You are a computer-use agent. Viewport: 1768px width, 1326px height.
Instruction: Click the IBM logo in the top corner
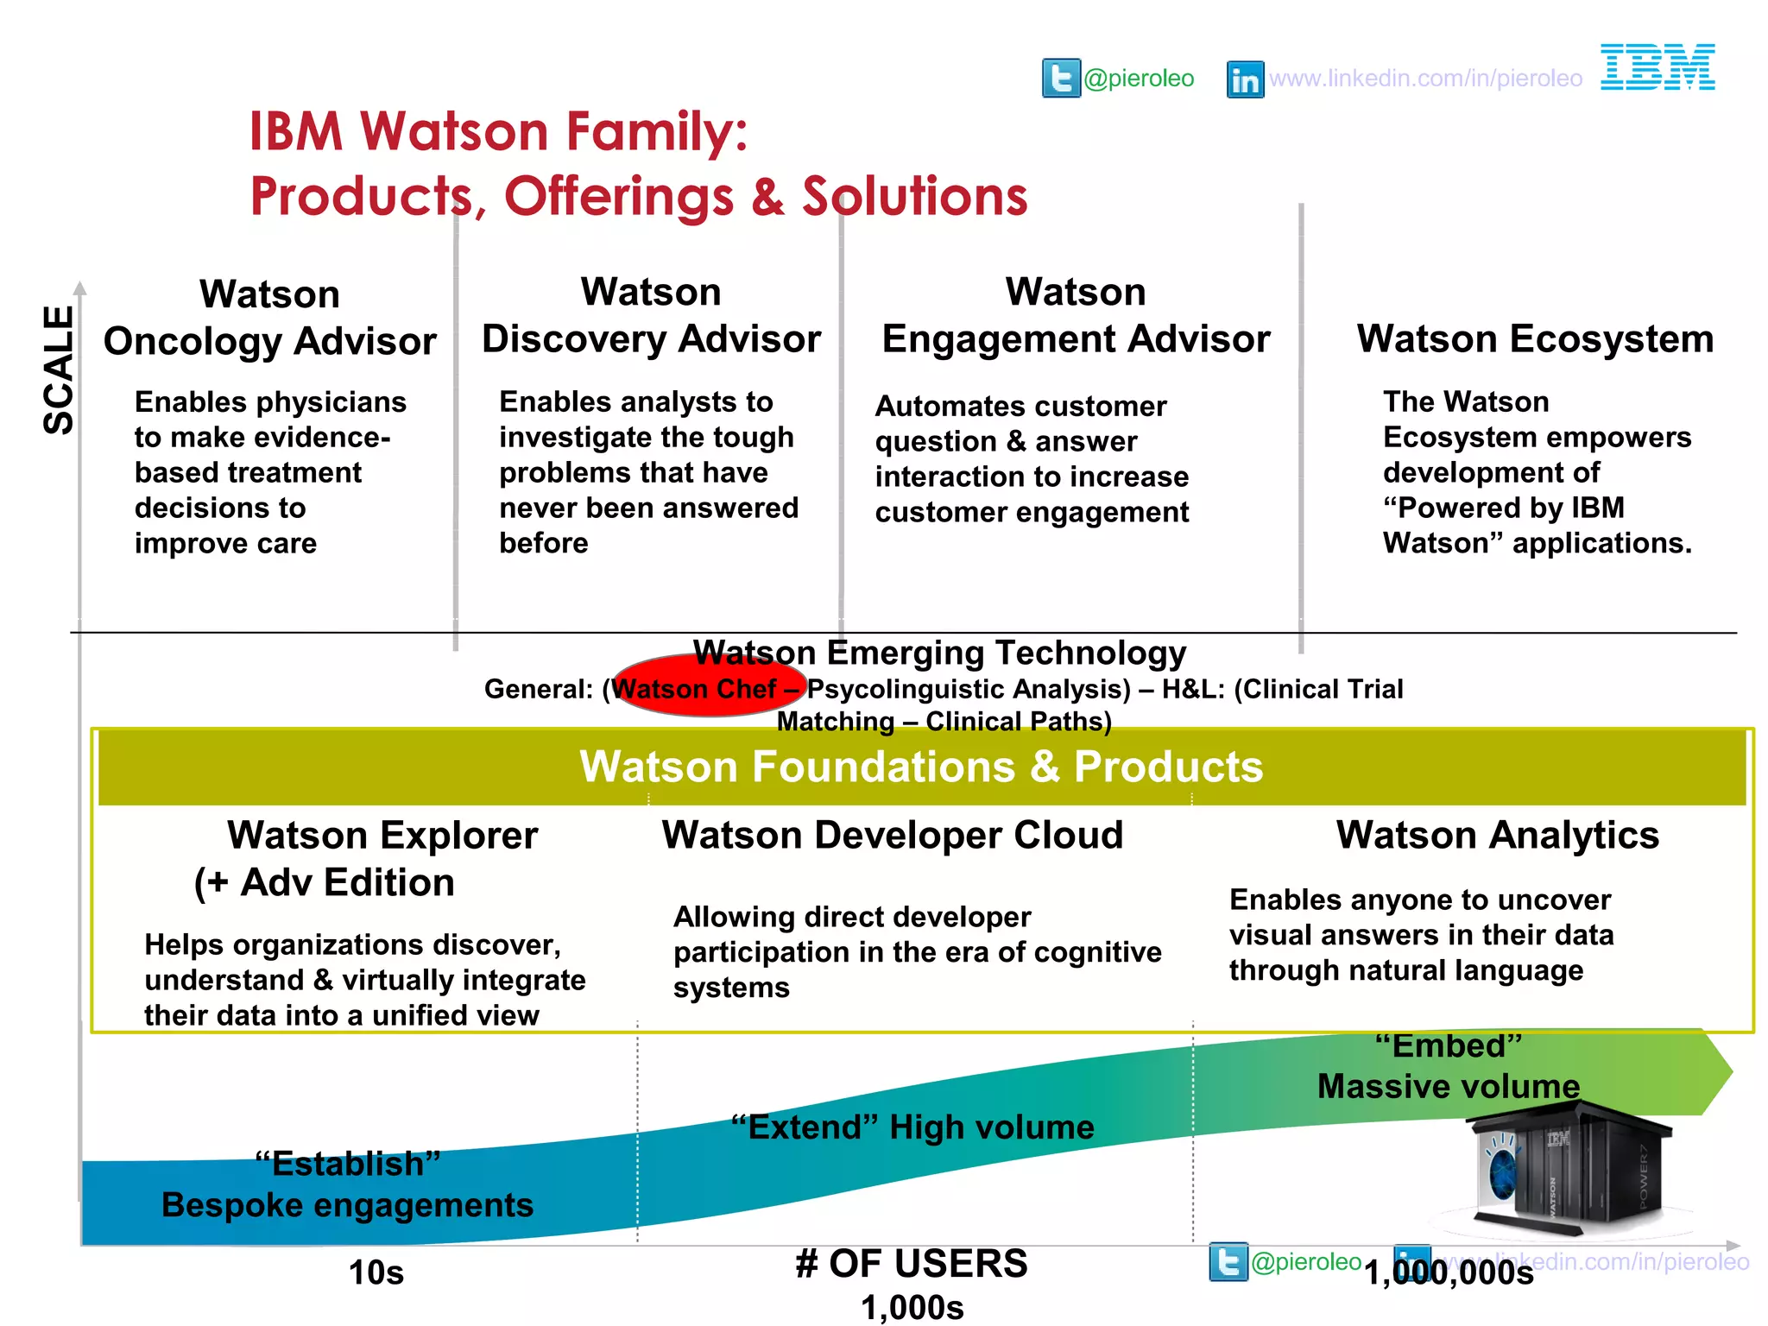(x=1657, y=67)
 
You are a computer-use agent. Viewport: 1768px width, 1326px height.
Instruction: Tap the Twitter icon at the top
(x=1061, y=79)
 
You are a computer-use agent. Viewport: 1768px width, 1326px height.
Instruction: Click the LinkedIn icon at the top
(x=1245, y=79)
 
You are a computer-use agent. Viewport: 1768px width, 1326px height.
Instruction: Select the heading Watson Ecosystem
(x=1535, y=338)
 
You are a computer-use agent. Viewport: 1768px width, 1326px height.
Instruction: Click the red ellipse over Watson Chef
(x=710, y=685)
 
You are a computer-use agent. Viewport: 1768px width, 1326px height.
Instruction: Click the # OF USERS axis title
(x=912, y=1264)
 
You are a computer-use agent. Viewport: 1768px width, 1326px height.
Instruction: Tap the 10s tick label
(x=376, y=1272)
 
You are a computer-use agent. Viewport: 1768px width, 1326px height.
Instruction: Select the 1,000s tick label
(x=912, y=1308)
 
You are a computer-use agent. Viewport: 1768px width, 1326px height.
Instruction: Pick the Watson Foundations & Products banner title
(x=921, y=767)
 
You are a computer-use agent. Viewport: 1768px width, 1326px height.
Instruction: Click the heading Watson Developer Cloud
(x=893, y=835)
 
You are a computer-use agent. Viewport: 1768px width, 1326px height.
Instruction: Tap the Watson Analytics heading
(x=1498, y=835)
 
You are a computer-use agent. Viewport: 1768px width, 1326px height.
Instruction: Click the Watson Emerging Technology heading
(x=939, y=654)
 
